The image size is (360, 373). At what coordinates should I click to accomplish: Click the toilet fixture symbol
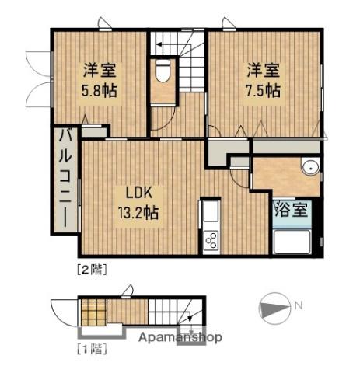click(x=163, y=71)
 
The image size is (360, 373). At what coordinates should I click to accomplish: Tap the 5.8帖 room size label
click(x=100, y=90)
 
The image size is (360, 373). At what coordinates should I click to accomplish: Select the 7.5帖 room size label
click(x=263, y=90)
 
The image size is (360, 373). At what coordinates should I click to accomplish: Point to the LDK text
click(x=138, y=193)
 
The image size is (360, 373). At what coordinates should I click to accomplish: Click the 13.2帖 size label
click(x=138, y=212)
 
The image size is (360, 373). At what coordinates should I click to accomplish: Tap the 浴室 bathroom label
click(x=291, y=209)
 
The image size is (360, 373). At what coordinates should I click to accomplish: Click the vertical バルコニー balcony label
click(x=65, y=179)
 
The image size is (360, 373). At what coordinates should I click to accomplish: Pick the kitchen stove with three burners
click(x=211, y=241)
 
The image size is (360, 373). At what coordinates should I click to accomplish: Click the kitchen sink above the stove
click(x=211, y=212)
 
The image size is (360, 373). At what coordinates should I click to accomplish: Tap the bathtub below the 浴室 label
click(x=292, y=242)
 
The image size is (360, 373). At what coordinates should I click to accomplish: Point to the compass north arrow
click(x=274, y=309)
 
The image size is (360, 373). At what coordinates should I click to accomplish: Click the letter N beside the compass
click(x=299, y=305)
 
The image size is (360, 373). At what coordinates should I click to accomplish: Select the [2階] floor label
click(x=93, y=270)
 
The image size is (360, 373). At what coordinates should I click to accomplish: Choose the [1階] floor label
click(x=93, y=349)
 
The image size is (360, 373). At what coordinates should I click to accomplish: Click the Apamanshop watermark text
click(x=180, y=337)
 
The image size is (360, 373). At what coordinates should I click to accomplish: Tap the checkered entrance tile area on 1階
click(x=94, y=312)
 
